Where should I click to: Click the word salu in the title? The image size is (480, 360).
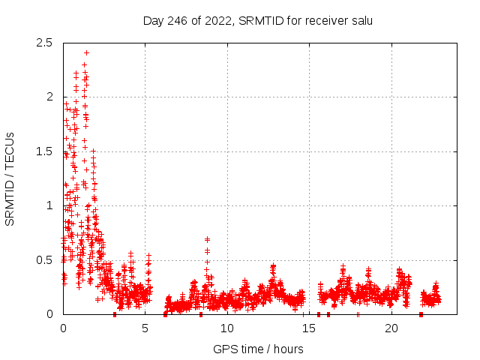tap(361, 20)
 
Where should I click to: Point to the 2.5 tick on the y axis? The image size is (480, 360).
tap(45, 43)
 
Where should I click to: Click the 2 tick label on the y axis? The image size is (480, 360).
tap(49, 97)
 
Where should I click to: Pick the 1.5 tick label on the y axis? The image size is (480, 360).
tap(45, 151)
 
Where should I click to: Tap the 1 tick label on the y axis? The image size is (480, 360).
tap(49, 205)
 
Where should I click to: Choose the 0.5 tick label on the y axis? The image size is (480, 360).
tap(45, 260)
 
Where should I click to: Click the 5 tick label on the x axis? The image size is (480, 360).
tap(145, 328)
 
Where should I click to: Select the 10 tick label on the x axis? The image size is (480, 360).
tap(227, 328)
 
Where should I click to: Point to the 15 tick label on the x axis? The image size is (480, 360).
tap(309, 328)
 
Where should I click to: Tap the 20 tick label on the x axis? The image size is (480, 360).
tap(391, 328)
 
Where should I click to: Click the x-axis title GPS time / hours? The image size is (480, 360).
tap(258, 349)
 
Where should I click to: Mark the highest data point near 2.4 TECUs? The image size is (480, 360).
tap(87, 52)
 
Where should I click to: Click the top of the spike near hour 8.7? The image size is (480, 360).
tap(207, 239)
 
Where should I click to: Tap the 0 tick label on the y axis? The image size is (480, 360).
tap(49, 314)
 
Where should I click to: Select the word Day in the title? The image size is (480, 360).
tap(153, 20)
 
